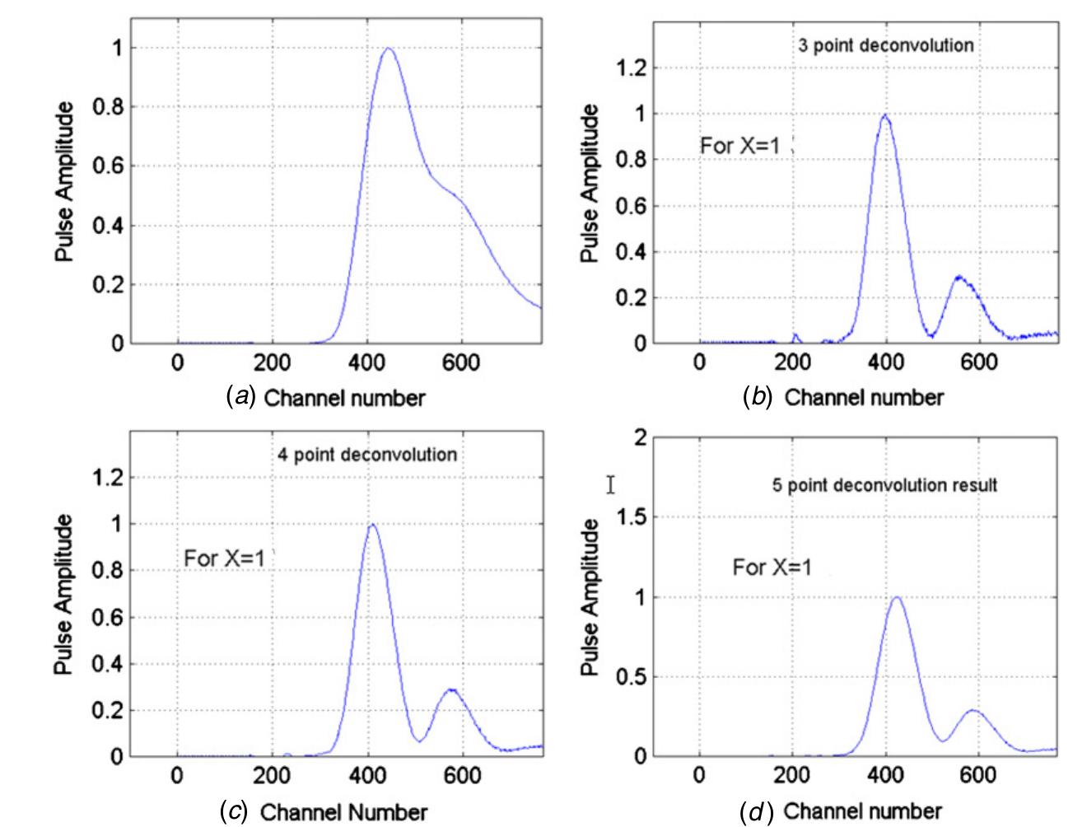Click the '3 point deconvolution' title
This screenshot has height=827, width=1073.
[886, 44]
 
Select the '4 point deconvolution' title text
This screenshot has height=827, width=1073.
[366, 454]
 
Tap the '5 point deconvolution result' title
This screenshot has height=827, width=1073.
[884, 485]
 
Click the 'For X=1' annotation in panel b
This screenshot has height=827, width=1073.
[739, 147]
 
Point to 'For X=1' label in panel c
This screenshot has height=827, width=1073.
[224, 558]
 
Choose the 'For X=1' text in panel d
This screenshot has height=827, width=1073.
[772, 567]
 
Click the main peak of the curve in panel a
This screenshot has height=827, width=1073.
[387, 49]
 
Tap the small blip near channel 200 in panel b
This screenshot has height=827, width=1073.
[795, 335]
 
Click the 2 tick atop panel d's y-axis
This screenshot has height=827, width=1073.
[641, 437]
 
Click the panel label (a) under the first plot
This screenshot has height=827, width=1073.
[239, 399]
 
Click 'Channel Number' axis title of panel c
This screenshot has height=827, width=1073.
[343, 812]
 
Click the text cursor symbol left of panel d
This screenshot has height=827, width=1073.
[610, 484]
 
